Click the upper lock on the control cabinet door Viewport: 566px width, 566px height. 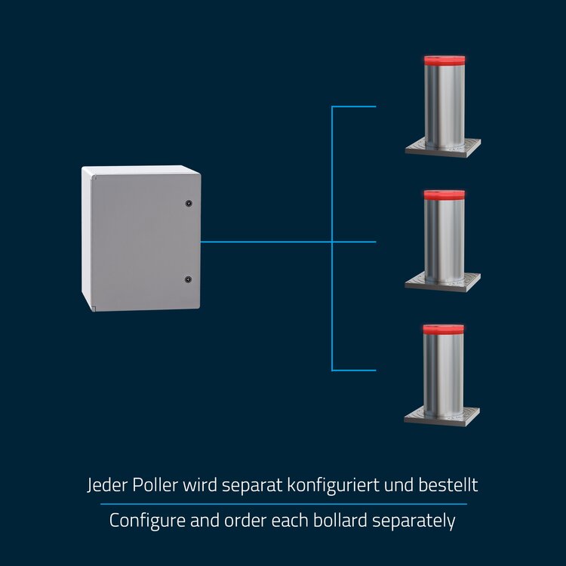click(x=189, y=203)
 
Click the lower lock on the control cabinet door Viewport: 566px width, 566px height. click(x=188, y=279)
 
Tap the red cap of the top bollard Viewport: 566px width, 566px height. click(x=444, y=60)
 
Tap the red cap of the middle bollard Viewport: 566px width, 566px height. click(x=444, y=195)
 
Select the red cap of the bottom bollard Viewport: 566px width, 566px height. click(x=444, y=329)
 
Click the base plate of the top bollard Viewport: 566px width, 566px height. click(x=443, y=148)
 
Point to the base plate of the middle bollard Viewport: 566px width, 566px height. click(x=443, y=282)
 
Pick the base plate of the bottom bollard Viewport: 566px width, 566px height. click(x=442, y=416)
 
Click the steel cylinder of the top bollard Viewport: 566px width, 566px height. click(x=444, y=106)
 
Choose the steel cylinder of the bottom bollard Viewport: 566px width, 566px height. click(x=444, y=375)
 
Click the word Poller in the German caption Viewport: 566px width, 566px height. click(x=155, y=484)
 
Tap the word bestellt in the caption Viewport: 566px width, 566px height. click(x=448, y=484)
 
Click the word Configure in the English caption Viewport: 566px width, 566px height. click(x=147, y=521)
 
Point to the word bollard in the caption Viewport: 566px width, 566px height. click(x=340, y=520)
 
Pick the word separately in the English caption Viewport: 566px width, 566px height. click(x=414, y=521)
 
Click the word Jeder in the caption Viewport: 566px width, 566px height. click(x=107, y=485)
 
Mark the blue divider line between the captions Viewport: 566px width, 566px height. click(x=283, y=504)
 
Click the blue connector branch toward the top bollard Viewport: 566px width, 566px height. click(x=354, y=106)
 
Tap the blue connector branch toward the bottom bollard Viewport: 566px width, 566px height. click(x=354, y=370)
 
